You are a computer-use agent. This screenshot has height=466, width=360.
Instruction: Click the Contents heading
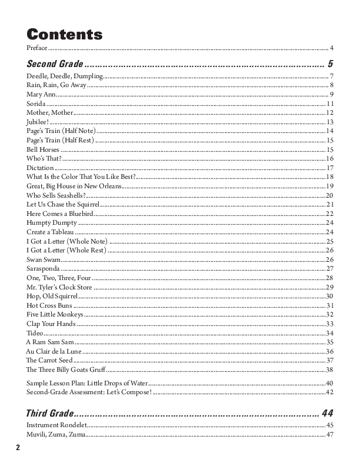pyautogui.click(x=65, y=34)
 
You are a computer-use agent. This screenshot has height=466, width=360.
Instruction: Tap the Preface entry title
pyautogui.click(x=37, y=48)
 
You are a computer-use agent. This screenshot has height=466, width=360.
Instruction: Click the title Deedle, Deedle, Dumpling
pyautogui.click(x=65, y=76)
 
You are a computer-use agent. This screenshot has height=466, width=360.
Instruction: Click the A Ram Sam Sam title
pyautogui.click(x=49, y=342)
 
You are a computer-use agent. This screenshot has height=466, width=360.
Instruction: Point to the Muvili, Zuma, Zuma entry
pyautogui.click(x=56, y=434)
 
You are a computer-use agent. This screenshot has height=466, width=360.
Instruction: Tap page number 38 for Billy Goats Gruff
pyautogui.click(x=330, y=370)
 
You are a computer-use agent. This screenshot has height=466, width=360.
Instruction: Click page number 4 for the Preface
pyautogui.click(x=332, y=48)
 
